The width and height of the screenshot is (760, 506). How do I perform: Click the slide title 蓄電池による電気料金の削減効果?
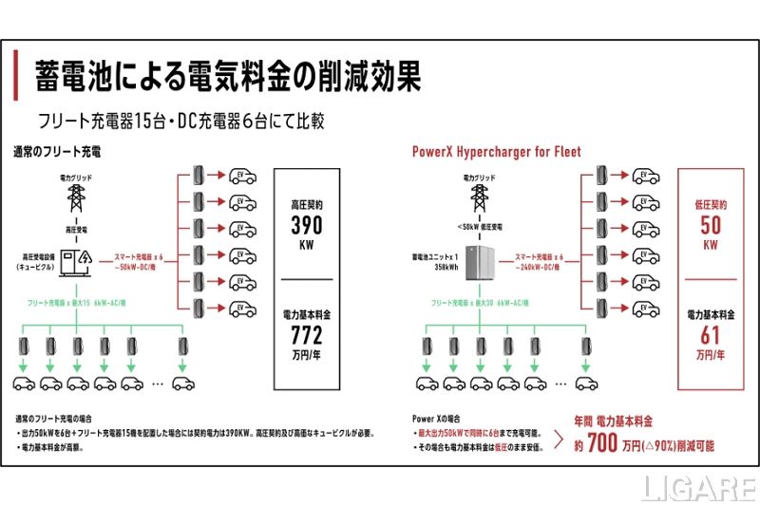228,76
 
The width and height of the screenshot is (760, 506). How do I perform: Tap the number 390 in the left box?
305,227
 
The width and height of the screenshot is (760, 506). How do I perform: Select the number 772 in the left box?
305,335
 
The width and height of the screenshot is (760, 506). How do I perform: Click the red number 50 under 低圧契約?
710,226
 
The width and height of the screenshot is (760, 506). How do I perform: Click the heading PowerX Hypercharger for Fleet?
496,151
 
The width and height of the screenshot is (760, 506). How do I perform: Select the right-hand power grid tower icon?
478,197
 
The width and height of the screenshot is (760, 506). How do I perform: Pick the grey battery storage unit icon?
477,259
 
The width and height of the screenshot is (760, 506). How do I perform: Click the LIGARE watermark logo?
698,489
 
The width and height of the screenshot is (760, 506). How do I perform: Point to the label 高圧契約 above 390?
305,203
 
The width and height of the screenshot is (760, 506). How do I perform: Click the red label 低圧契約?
710,203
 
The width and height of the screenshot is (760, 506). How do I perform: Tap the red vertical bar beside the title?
16,76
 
